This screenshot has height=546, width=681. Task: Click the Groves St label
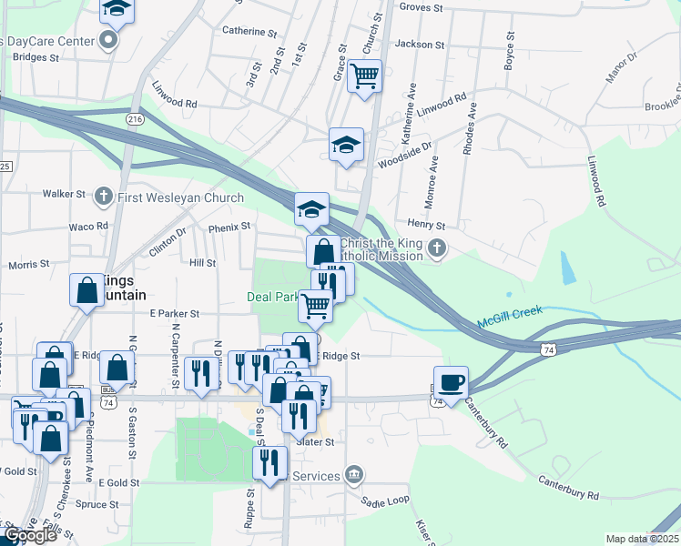[x=421, y=7]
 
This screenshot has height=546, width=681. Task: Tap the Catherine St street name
[x=249, y=31]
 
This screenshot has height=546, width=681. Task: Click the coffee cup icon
[x=450, y=380]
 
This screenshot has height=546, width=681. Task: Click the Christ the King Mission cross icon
[x=437, y=248]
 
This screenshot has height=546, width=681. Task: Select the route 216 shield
[x=136, y=119]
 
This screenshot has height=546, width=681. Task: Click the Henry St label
[x=426, y=225]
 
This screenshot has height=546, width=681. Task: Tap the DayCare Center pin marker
[x=109, y=41]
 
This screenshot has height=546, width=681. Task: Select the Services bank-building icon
[x=354, y=474]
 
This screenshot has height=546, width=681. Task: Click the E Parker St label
[x=174, y=313]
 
